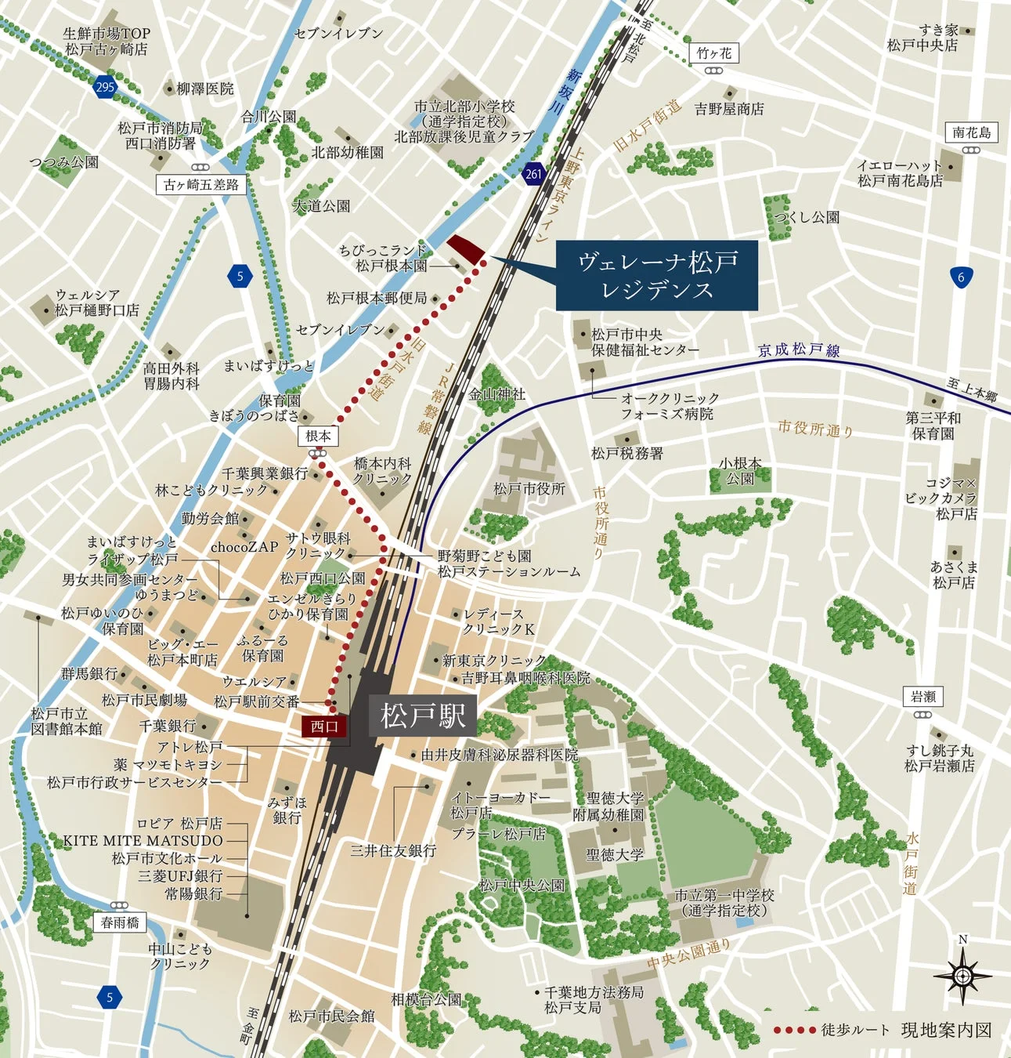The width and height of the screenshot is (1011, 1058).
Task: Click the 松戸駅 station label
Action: (x=423, y=716)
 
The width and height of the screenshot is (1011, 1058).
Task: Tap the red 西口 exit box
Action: (x=324, y=726)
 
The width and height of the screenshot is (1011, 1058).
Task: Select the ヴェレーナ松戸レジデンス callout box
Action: (x=657, y=275)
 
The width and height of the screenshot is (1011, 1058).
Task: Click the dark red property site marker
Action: (x=465, y=248)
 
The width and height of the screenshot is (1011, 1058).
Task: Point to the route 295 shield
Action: (x=105, y=86)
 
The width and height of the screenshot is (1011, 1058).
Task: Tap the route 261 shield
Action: (x=533, y=174)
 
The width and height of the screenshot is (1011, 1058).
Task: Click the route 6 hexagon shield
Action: (x=961, y=277)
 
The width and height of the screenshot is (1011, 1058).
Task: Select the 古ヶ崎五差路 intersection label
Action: (x=201, y=185)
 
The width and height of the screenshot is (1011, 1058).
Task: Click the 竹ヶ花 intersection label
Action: (x=713, y=53)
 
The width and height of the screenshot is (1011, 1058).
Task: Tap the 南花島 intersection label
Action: (x=972, y=132)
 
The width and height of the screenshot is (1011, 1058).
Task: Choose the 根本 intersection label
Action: (x=318, y=437)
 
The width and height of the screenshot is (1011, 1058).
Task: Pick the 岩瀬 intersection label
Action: (x=923, y=697)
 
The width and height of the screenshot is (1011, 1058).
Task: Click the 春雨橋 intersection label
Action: (x=120, y=922)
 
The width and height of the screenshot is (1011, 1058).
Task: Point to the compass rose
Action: (x=962, y=976)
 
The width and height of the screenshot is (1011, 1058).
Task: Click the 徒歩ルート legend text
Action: (x=855, y=1030)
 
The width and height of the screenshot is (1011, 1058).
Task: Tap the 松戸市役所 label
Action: (x=529, y=488)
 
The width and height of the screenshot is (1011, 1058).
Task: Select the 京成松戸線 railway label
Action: (x=799, y=350)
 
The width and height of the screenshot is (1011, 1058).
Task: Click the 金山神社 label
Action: (x=497, y=394)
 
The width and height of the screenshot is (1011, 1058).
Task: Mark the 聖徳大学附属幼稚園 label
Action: (x=608, y=806)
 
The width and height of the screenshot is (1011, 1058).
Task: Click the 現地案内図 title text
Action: (x=946, y=1030)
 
